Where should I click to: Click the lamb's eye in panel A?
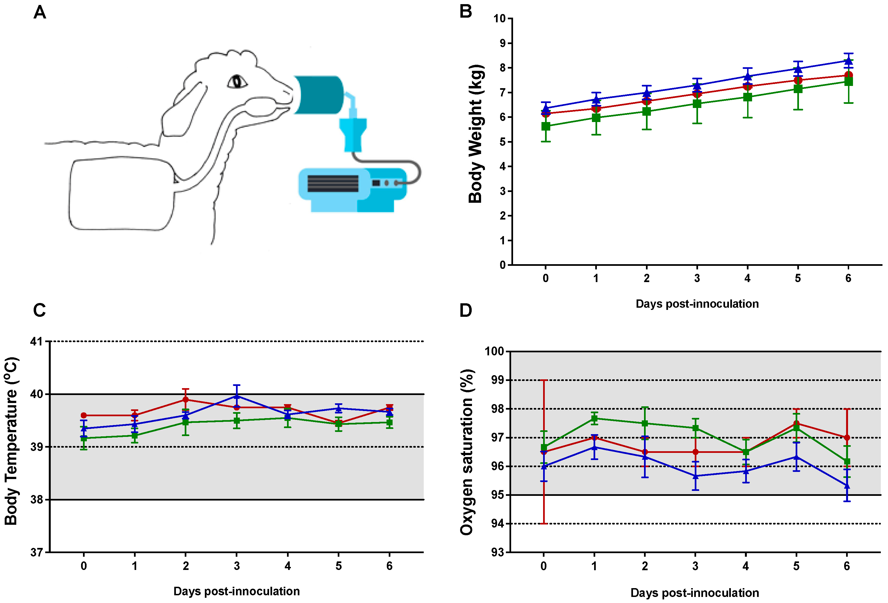point(237,81)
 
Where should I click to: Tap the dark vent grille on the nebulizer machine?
point(332,183)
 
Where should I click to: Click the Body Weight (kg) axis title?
point(476,134)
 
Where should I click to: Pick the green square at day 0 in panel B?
point(546,126)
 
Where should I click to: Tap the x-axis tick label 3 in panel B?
point(697,278)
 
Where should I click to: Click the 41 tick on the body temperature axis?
point(36,341)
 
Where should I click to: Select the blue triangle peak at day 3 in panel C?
point(237,396)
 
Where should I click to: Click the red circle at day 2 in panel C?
point(186,400)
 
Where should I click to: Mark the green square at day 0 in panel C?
point(84,438)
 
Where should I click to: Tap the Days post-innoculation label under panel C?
point(237,591)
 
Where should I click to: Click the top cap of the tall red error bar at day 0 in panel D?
point(544,380)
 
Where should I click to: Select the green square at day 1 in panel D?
point(594,418)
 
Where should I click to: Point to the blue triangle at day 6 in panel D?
point(847,486)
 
